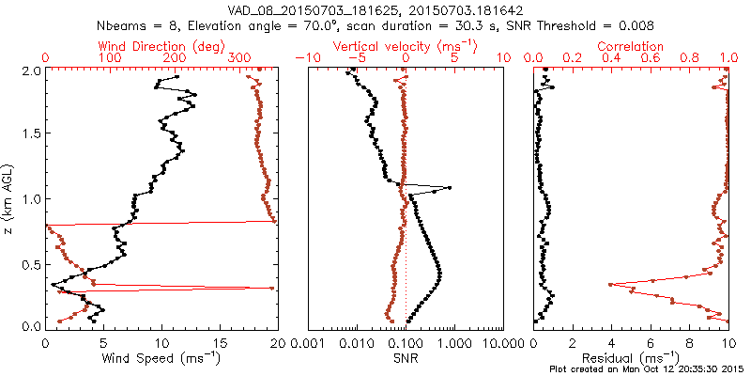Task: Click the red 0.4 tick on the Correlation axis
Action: tap(612, 57)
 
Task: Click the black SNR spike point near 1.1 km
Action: tap(450, 188)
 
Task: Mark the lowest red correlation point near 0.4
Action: tap(611, 284)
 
